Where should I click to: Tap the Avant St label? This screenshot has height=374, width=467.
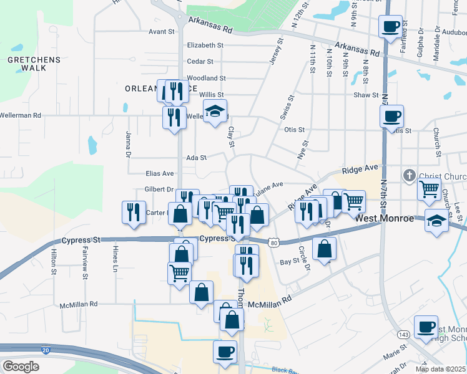pyautogui.click(x=161, y=31)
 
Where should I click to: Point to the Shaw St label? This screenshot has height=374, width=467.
pyautogui.click(x=366, y=95)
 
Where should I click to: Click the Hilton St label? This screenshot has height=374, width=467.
pyautogui.click(x=54, y=262)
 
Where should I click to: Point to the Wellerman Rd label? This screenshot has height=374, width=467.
pyautogui.click(x=21, y=115)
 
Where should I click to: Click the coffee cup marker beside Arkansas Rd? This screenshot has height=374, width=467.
pyautogui.click(x=391, y=27)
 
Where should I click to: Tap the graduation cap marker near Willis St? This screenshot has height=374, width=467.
pyautogui.click(x=215, y=112)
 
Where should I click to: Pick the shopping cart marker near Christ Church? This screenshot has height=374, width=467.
pyautogui.click(x=429, y=189)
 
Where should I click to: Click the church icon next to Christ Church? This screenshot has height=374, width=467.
pyautogui.click(x=410, y=175)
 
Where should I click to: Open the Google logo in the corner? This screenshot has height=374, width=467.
pyautogui.click(x=21, y=366)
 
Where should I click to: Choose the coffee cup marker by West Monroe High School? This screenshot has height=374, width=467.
pyautogui.click(x=427, y=327)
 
